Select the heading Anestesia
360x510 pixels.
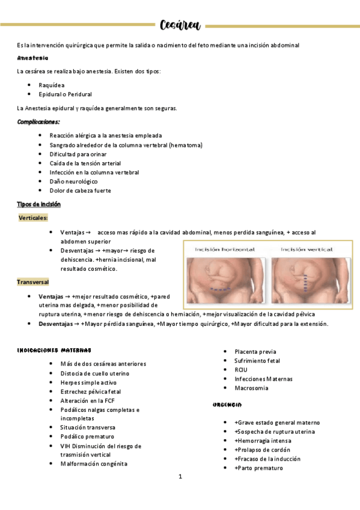pyautogui.click(x=33, y=58)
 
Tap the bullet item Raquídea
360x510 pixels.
pyautogui.click(x=52, y=85)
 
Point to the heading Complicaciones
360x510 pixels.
pyautogui.click(x=38, y=122)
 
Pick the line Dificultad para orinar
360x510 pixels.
pyautogui.click(x=78, y=154)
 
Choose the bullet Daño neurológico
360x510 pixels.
pyautogui.click(x=74, y=181)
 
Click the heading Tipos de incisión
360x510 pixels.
pyautogui.click(x=39, y=204)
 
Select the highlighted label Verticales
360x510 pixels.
pyautogui.click(x=34, y=218)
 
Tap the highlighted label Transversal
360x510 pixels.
pyautogui.click(x=33, y=281)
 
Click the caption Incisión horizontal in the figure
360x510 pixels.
pyautogui.click(x=224, y=249)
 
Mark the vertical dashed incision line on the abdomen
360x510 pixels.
pyautogui.click(x=306, y=281)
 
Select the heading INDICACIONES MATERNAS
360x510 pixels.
pyautogui.click(x=54, y=350)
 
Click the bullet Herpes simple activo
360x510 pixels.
pyautogui.click(x=88, y=382)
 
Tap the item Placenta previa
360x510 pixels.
pyautogui.click(x=255, y=351)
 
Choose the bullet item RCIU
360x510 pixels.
pyautogui.click(x=241, y=369)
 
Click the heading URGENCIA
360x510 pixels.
pyautogui.click(x=227, y=405)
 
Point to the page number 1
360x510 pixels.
pyautogui.click(x=180, y=477)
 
